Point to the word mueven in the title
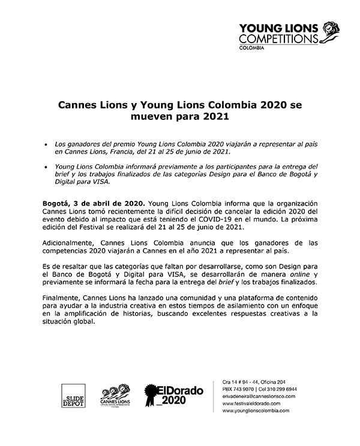(151, 117)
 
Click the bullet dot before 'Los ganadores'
(46, 144)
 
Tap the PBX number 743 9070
(249, 390)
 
